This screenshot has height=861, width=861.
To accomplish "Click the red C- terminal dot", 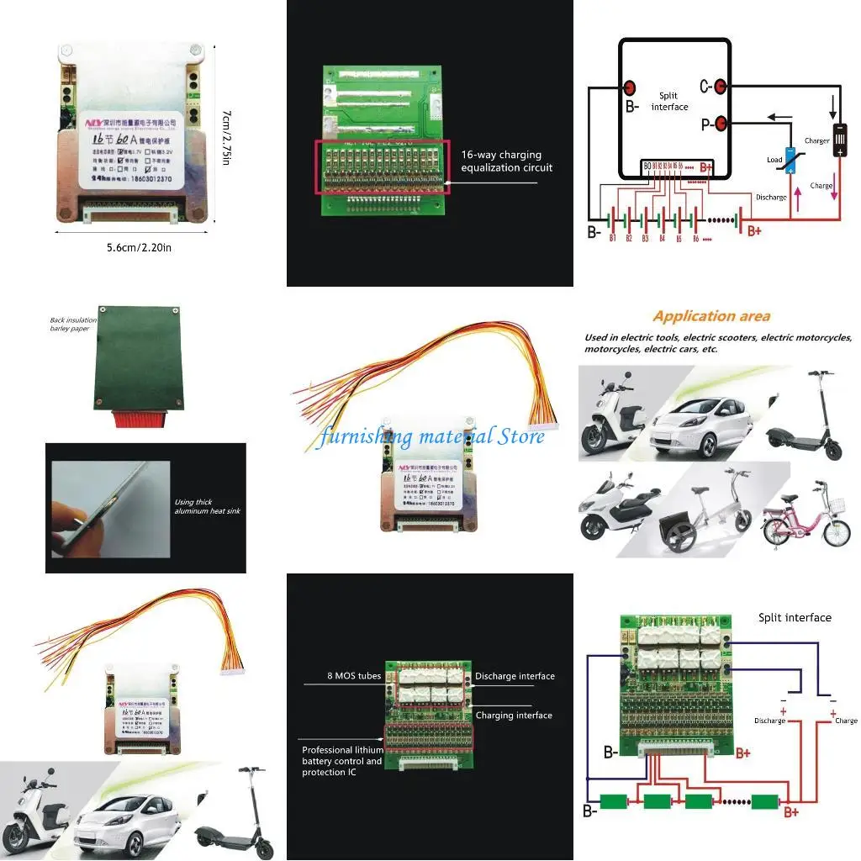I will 718,87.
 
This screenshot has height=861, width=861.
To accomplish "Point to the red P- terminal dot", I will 718,124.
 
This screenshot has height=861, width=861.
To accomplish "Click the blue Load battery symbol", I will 791,160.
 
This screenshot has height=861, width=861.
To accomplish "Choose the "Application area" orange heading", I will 710,316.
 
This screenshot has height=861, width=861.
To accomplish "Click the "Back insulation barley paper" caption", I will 73,325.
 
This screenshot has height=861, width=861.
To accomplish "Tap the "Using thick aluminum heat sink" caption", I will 207,506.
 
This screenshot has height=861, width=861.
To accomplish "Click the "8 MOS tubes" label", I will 353,675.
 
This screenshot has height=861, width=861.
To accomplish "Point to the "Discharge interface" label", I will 515,676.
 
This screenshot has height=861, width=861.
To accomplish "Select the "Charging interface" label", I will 514,716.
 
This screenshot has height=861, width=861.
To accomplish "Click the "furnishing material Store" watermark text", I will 430,436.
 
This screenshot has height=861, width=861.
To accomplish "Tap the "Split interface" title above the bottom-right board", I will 794,617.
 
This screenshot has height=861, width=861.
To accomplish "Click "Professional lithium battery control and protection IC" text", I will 342,761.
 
